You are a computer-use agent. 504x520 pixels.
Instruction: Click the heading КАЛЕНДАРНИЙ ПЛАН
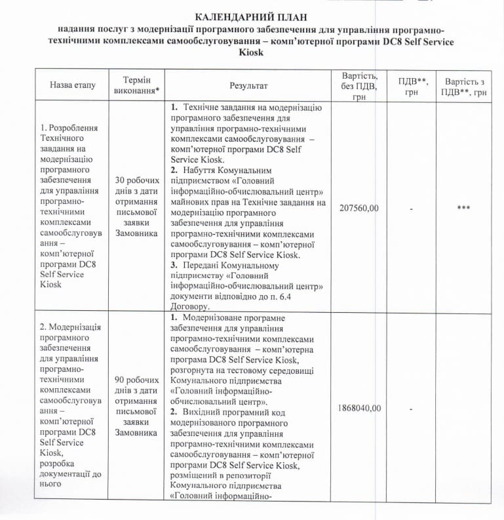(x=251, y=16)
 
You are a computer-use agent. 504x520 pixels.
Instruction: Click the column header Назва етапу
(x=72, y=85)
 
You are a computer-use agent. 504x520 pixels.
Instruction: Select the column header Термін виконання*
(x=137, y=85)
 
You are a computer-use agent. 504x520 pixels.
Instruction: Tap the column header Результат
(x=248, y=85)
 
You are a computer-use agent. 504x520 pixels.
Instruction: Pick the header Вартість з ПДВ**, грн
(x=465, y=87)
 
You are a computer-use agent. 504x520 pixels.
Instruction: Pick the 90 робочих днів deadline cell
(x=137, y=406)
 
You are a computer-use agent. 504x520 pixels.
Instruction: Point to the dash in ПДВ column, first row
(x=410, y=208)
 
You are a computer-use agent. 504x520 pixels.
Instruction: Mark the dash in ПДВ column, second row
(x=410, y=408)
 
